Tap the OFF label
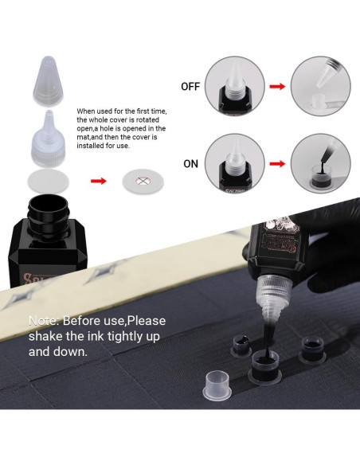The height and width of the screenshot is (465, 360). point(190,87)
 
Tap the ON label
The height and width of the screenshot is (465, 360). point(190,164)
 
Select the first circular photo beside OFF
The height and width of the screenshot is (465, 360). point(235,87)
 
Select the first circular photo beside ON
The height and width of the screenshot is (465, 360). point(235,164)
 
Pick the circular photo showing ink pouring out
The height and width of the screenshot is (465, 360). point(320,164)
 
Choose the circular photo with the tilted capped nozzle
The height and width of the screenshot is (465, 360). point(320,87)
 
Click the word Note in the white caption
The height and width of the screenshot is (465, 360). point(44,321)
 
